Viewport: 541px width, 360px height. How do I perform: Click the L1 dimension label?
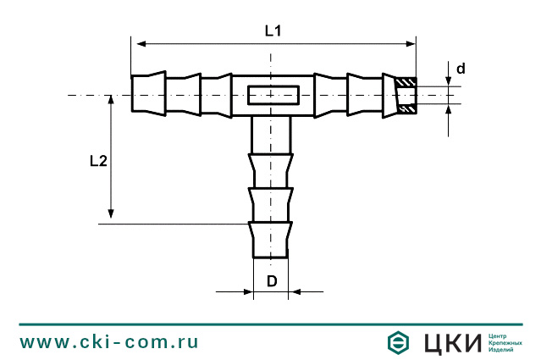pos(272,31)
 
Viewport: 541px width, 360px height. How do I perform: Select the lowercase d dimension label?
pos(461,68)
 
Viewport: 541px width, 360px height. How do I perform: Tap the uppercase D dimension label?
pos(272,280)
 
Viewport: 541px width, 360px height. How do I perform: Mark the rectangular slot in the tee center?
pos(271,96)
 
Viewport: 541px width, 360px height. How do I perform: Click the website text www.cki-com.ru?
pos(109,342)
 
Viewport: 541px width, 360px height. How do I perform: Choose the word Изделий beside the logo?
pos(502,350)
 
